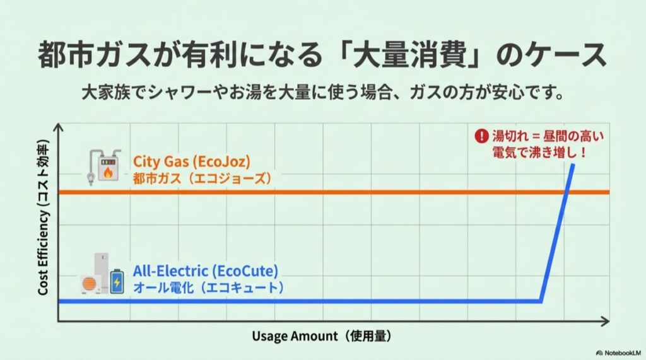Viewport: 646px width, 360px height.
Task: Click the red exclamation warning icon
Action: pyautogui.click(x=482, y=136)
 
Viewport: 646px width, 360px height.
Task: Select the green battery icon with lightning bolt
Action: pyautogui.click(x=117, y=282)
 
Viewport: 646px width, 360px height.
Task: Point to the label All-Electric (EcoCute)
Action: pyautogui.click(x=206, y=272)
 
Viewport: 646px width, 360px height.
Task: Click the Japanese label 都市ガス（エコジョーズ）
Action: pyautogui.click(x=203, y=178)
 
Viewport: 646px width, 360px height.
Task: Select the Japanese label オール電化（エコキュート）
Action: pyautogui.click(x=208, y=287)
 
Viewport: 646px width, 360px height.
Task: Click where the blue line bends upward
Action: pyautogui.click(x=542, y=301)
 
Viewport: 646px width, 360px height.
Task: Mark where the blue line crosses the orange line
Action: pyautogui.click(x=566, y=192)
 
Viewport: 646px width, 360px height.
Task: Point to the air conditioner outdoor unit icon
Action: pyautogui.click(x=90, y=284)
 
